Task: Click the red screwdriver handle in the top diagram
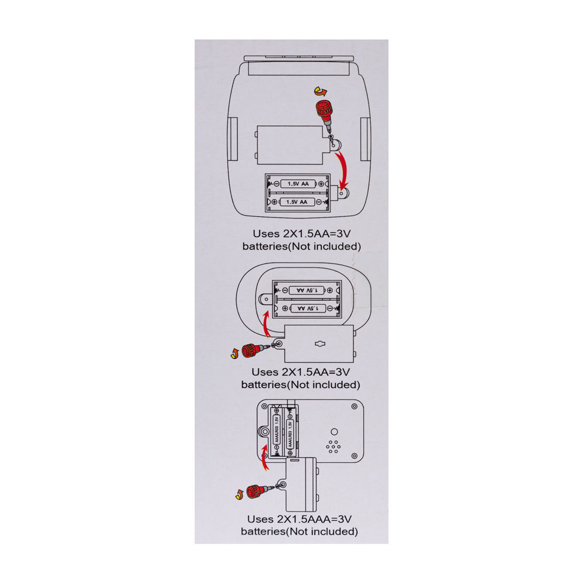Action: click(x=324, y=110)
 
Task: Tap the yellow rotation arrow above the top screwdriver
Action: click(x=321, y=91)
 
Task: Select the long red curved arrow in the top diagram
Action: click(x=343, y=171)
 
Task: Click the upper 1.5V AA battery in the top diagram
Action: click(x=298, y=184)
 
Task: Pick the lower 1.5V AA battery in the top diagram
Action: click(x=297, y=202)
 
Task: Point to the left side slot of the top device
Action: click(x=233, y=139)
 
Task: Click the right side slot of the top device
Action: click(x=365, y=139)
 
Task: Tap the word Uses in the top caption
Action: click(x=266, y=234)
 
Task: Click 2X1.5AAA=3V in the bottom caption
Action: click(x=314, y=519)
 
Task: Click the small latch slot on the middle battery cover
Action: click(x=319, y=343)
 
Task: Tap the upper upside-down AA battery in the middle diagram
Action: click(x=307, y=290)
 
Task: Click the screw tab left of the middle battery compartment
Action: click(x=266, y=298)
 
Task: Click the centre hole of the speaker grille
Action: click(x=333, y=447)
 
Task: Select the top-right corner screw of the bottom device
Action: click(x=354, y=407)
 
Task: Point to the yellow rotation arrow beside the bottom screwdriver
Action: click(x=239, y=494)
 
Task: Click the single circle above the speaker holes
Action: click(x=334, y=431)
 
